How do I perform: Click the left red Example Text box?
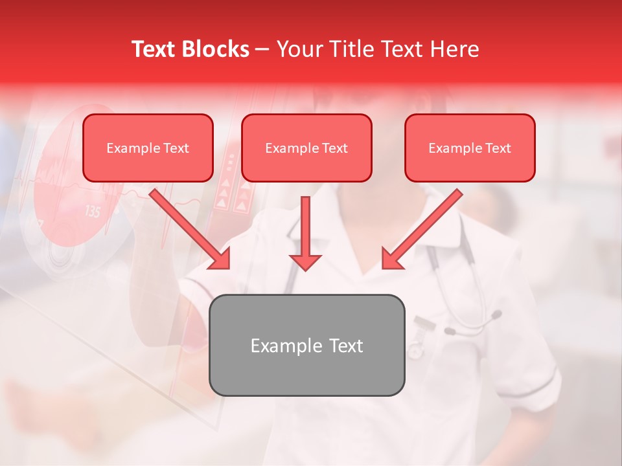(148, 148)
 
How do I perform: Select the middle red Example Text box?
(306, 148)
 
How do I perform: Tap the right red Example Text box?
(470, 148)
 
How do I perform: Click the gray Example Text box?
(306, 345)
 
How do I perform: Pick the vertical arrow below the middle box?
(305, 233)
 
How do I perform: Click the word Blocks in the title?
(216, 49)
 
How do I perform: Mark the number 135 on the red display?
(93, 212)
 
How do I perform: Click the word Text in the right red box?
(498, 148)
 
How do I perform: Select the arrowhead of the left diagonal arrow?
(221, 260)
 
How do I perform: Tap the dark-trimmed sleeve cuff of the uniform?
(547, 385)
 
